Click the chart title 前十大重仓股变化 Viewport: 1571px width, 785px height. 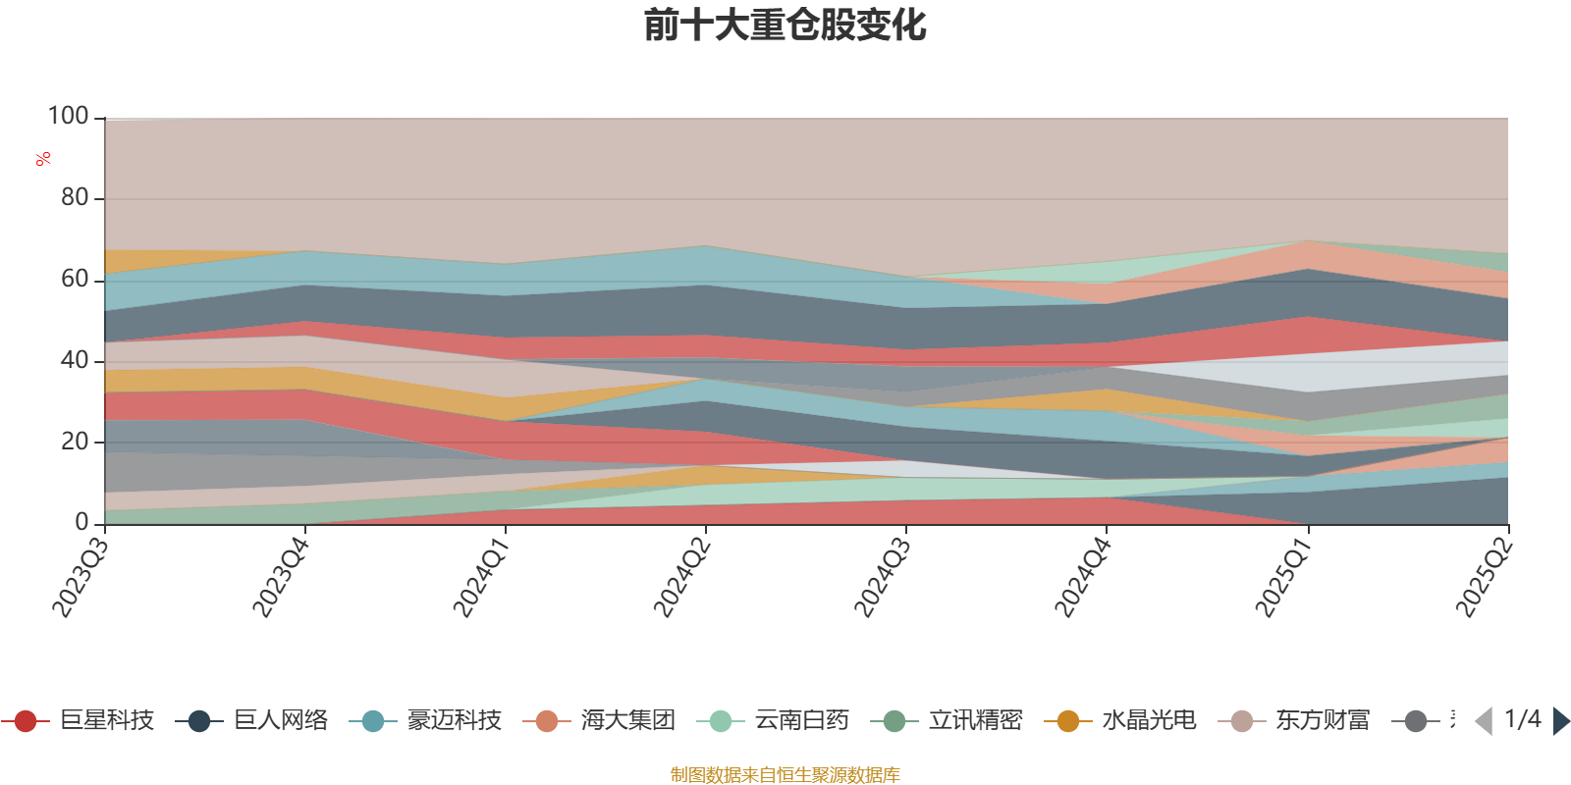pos(785,26)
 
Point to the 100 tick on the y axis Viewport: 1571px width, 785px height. pos(68,117)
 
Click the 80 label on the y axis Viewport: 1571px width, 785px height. pos(74,198)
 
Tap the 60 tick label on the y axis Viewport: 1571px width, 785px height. pos(74,280)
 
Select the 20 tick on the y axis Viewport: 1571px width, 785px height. pos(74,442)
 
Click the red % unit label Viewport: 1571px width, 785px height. pos(43,159)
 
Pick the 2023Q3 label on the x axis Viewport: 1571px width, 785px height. pos(80,578)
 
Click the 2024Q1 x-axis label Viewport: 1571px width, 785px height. pos(480,578)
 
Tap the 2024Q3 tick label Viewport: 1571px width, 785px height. pos(882,578)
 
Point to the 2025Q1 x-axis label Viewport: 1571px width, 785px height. pos(1282,578)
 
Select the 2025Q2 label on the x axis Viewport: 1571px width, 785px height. pos(1483,578)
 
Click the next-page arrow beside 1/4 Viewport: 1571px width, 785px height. pos(1560,721)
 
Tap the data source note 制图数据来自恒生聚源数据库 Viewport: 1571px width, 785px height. pos(785,775)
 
